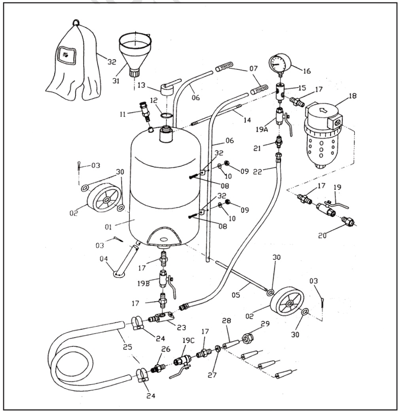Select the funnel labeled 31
[135, 51]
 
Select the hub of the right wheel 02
[289, 303]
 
